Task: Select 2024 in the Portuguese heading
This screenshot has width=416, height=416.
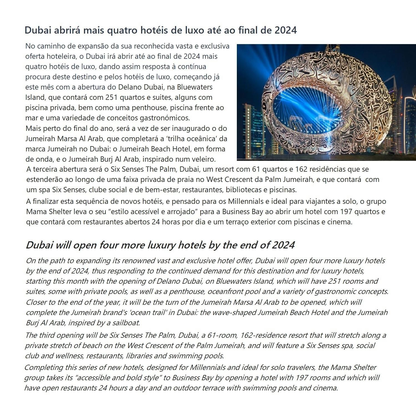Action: [x=286, y=30]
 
